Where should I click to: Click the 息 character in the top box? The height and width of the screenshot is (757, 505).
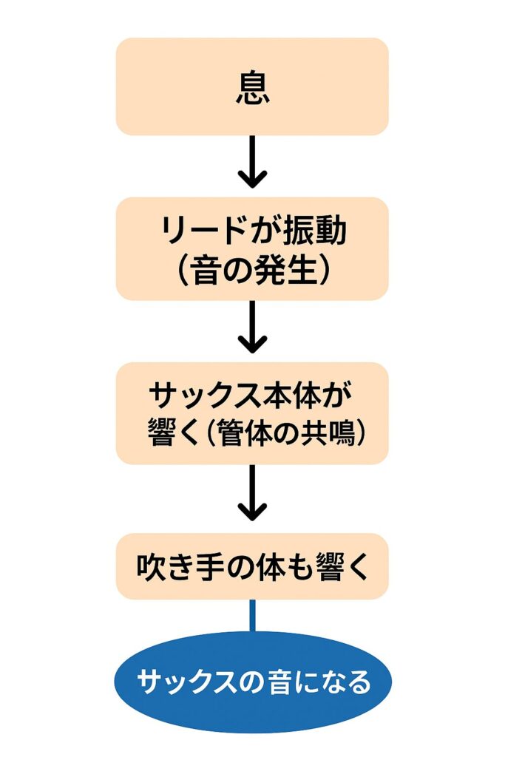pyautogui.click(x=252, y=87)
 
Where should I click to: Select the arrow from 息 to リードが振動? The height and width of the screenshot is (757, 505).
pyautogui.click(x=252, y=162)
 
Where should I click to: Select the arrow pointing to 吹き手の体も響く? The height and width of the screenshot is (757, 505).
pyautogui.click(x=252, y=492)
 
